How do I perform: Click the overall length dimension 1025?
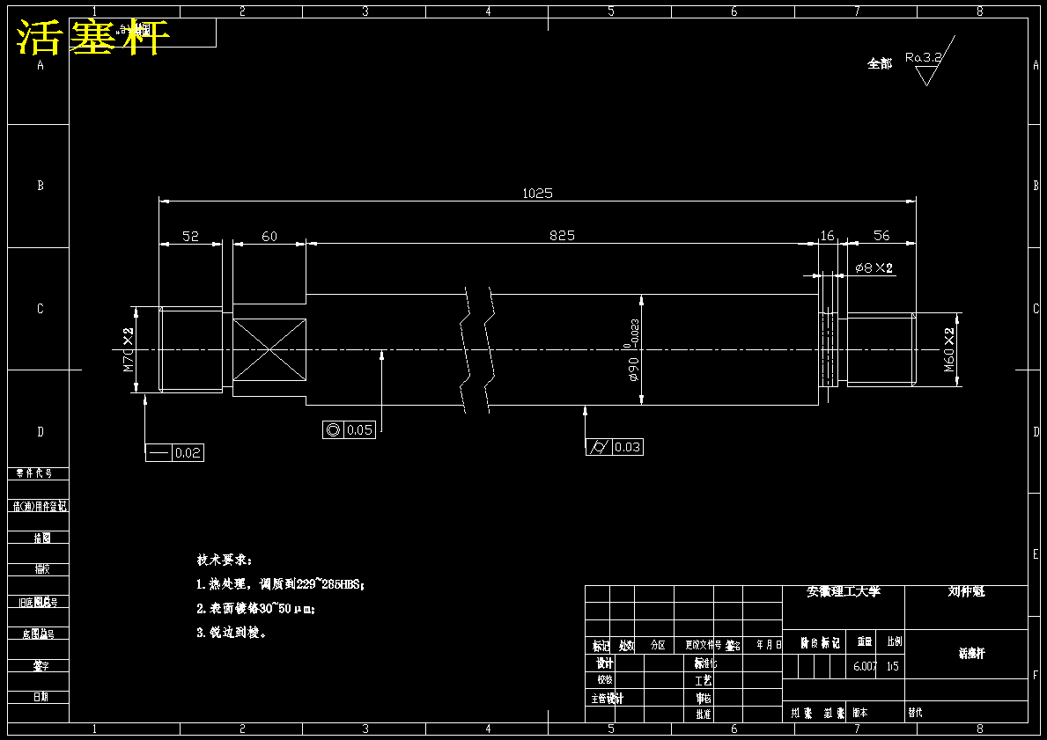coord(537,193)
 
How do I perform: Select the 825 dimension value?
coord(562,235)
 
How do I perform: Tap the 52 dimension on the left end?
coord(190,236)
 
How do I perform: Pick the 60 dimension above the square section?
coord(269,236)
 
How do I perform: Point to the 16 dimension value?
coord(827,236)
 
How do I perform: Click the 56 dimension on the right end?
coord(881,236)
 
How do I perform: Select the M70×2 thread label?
coord(129,349)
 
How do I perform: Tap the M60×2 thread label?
coord(950,350)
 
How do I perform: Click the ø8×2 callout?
coord(874,267)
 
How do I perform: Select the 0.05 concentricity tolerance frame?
coord(350,429)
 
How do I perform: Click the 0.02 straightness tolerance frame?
coord(174,453)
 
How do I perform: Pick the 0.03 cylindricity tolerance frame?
coord(614,447)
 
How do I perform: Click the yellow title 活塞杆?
coord(92,38)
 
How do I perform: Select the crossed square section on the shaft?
coord(269,350)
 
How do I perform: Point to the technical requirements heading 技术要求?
coord(224,560)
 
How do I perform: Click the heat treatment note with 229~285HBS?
coord(280,583)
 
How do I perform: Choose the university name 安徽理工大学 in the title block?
coord(844,592)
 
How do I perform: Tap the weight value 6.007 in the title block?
coord(865,666)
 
